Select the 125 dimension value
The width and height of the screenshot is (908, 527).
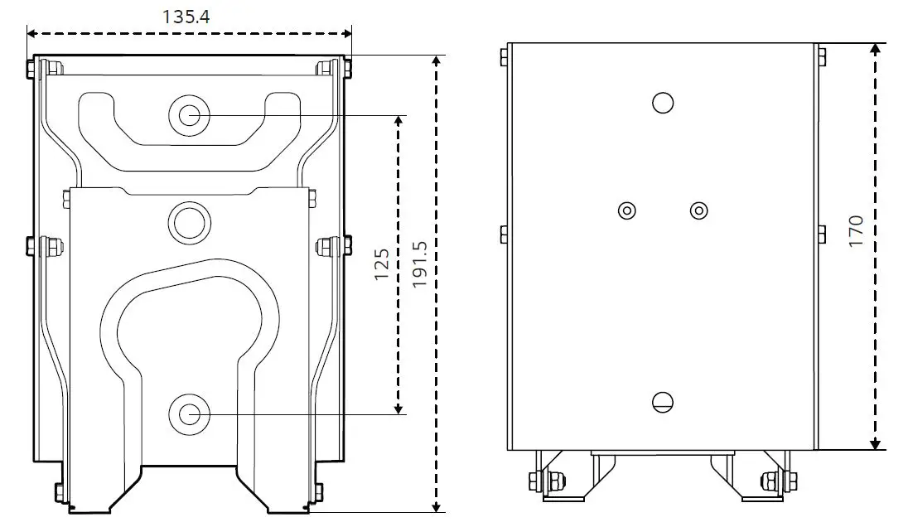pyautogui.click(x=382, y=263)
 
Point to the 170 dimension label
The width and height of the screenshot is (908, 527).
pyautogui.click(x=856, y=230)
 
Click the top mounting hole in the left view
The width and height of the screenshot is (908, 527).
pyautogui.click(x=189, y=114)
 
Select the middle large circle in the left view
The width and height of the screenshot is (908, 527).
pyautogui.click(x=189, y=222)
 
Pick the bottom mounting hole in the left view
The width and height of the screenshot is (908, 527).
pyautogui.click(x=189, y=414)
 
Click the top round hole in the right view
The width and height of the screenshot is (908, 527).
pyautogui.click(x=663, y=103)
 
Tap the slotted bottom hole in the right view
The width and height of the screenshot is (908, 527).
pyautogui.click(x=663, y=402)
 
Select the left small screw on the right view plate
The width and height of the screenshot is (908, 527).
pyautogui.click(x=627, y=210)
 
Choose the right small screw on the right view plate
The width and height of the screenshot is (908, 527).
pyautogui.click(x=699, y=210)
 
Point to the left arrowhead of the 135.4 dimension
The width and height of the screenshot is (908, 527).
pyautogui.click(x=31, y=34)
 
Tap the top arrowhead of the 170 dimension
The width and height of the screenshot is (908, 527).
pyautogui.click(x=876, y=48)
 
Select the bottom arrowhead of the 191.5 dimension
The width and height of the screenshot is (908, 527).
pyautogui.click(x=437, y=507)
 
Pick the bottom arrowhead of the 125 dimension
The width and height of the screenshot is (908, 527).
pyautogui.click(x=398, y=409)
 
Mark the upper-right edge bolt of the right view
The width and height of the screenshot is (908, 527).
pyautogui.click(x=821, y=56)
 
